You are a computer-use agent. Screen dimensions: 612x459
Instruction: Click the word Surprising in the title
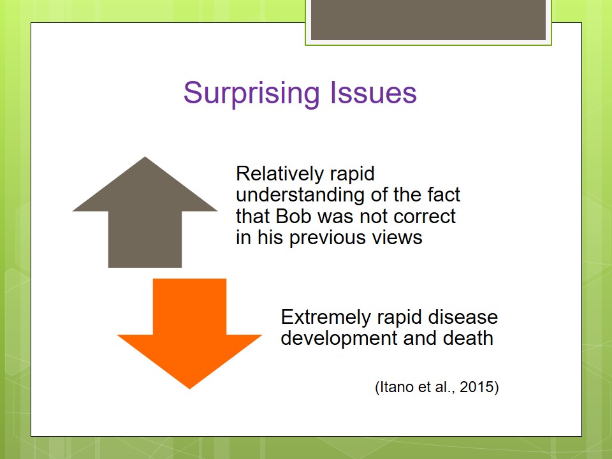coord(252,93)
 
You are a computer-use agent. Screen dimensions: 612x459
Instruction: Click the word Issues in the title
coord(374,92)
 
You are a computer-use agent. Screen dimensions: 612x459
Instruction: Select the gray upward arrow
coord(145,212)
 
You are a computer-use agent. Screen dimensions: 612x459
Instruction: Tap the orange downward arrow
coord(190,333)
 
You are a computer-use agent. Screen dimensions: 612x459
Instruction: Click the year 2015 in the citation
coord(477,387)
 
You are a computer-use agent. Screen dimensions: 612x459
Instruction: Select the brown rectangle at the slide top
coord(428,20)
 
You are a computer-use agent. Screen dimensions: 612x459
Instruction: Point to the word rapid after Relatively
coord(352,174)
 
